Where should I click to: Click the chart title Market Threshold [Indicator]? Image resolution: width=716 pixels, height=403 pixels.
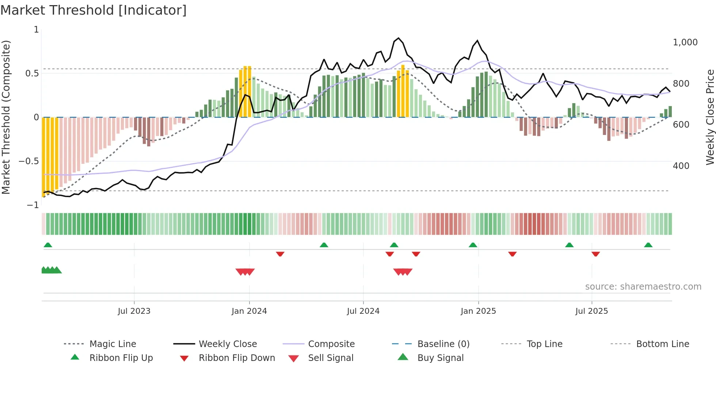pyautogui.click(x=94, y=10)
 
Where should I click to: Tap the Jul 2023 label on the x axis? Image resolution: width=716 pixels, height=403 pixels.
pyautogui.click(x=134, y=311)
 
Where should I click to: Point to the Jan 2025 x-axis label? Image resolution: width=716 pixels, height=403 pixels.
pyautogui.click(x=478, y=311)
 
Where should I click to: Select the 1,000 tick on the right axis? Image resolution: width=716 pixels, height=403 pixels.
pyautogui.click(x=685, y=42)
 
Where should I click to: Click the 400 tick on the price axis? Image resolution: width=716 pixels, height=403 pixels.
pyautogui.click(x=681, y=166)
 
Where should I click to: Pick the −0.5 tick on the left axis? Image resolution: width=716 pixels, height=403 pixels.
pyautogui.click(x=29, y=161)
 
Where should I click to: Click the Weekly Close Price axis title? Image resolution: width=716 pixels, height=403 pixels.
pyautogui.click(x=709, y=117)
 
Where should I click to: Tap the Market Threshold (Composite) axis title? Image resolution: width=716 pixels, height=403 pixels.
pyautogui.click(x=6, y=117)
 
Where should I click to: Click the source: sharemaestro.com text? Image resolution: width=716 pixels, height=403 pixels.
pyautogui.click(x=643, y=287)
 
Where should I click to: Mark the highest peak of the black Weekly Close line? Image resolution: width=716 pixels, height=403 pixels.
pyautogui.click(x=399, y=38)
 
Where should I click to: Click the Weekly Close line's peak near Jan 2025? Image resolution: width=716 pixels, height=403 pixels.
pyautogui.click(x=477, y=41)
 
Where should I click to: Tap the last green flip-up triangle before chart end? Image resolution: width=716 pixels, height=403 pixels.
pyautogui.click(x=648, y=245)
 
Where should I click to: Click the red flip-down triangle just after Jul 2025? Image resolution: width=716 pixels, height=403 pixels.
pyautogui.click(x=595, y=254)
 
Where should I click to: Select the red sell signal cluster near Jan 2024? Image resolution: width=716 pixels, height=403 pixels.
pyautogui.click(x=245, y=272)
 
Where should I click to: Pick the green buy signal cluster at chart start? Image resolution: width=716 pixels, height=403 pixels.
pyautogui.click(x=51, y=270)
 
